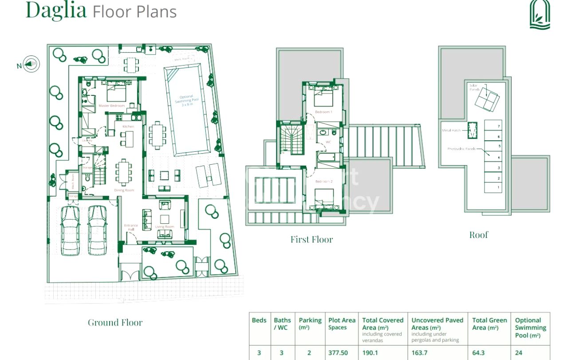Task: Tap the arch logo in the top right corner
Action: [x=540, y=15]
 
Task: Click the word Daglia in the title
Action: [x=56, y=11]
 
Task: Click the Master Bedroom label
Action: [x=112, y=106]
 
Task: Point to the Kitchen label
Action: [x=128, y=127]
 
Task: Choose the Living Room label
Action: [x=165, y=227]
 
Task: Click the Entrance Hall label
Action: [x=131, y=227]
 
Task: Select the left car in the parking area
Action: [x=70, y=231]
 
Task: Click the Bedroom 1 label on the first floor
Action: [x=323, y=112]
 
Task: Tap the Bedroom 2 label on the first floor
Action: [x=323, y=182]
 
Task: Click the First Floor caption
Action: [x=312, y=240]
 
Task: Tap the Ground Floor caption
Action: [x=115, y=323]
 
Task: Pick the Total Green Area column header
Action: [x=489, y=324]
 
